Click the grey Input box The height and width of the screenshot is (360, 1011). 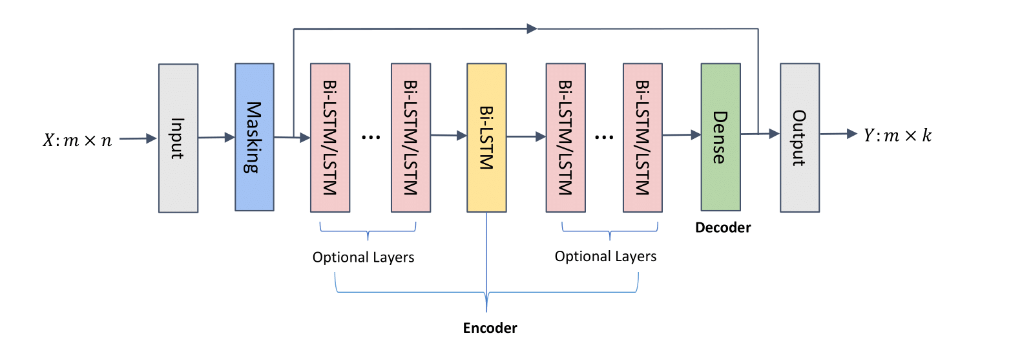(178, 138)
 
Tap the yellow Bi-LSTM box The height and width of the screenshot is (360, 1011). (486, 137)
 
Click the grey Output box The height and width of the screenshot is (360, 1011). (800, 137)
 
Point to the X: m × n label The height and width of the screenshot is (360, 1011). (76, 139)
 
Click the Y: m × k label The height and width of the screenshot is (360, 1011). (898, 135)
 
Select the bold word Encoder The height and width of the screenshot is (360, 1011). (490, 328)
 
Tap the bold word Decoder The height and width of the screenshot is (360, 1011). (723, 228)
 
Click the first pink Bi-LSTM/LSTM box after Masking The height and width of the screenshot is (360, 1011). (330, 137)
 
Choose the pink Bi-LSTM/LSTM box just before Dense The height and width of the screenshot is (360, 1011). (643, 137)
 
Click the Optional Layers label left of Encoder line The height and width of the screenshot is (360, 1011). (363, 257)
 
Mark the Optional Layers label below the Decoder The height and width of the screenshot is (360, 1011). (605, 257)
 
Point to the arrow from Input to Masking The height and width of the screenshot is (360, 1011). (216, 137)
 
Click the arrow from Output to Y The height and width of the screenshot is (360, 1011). (840, 134)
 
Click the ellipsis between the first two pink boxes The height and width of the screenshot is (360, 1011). (371, 138)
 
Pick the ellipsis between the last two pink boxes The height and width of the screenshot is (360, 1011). (604, 138)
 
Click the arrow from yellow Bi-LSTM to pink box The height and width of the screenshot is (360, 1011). (525, 136)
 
